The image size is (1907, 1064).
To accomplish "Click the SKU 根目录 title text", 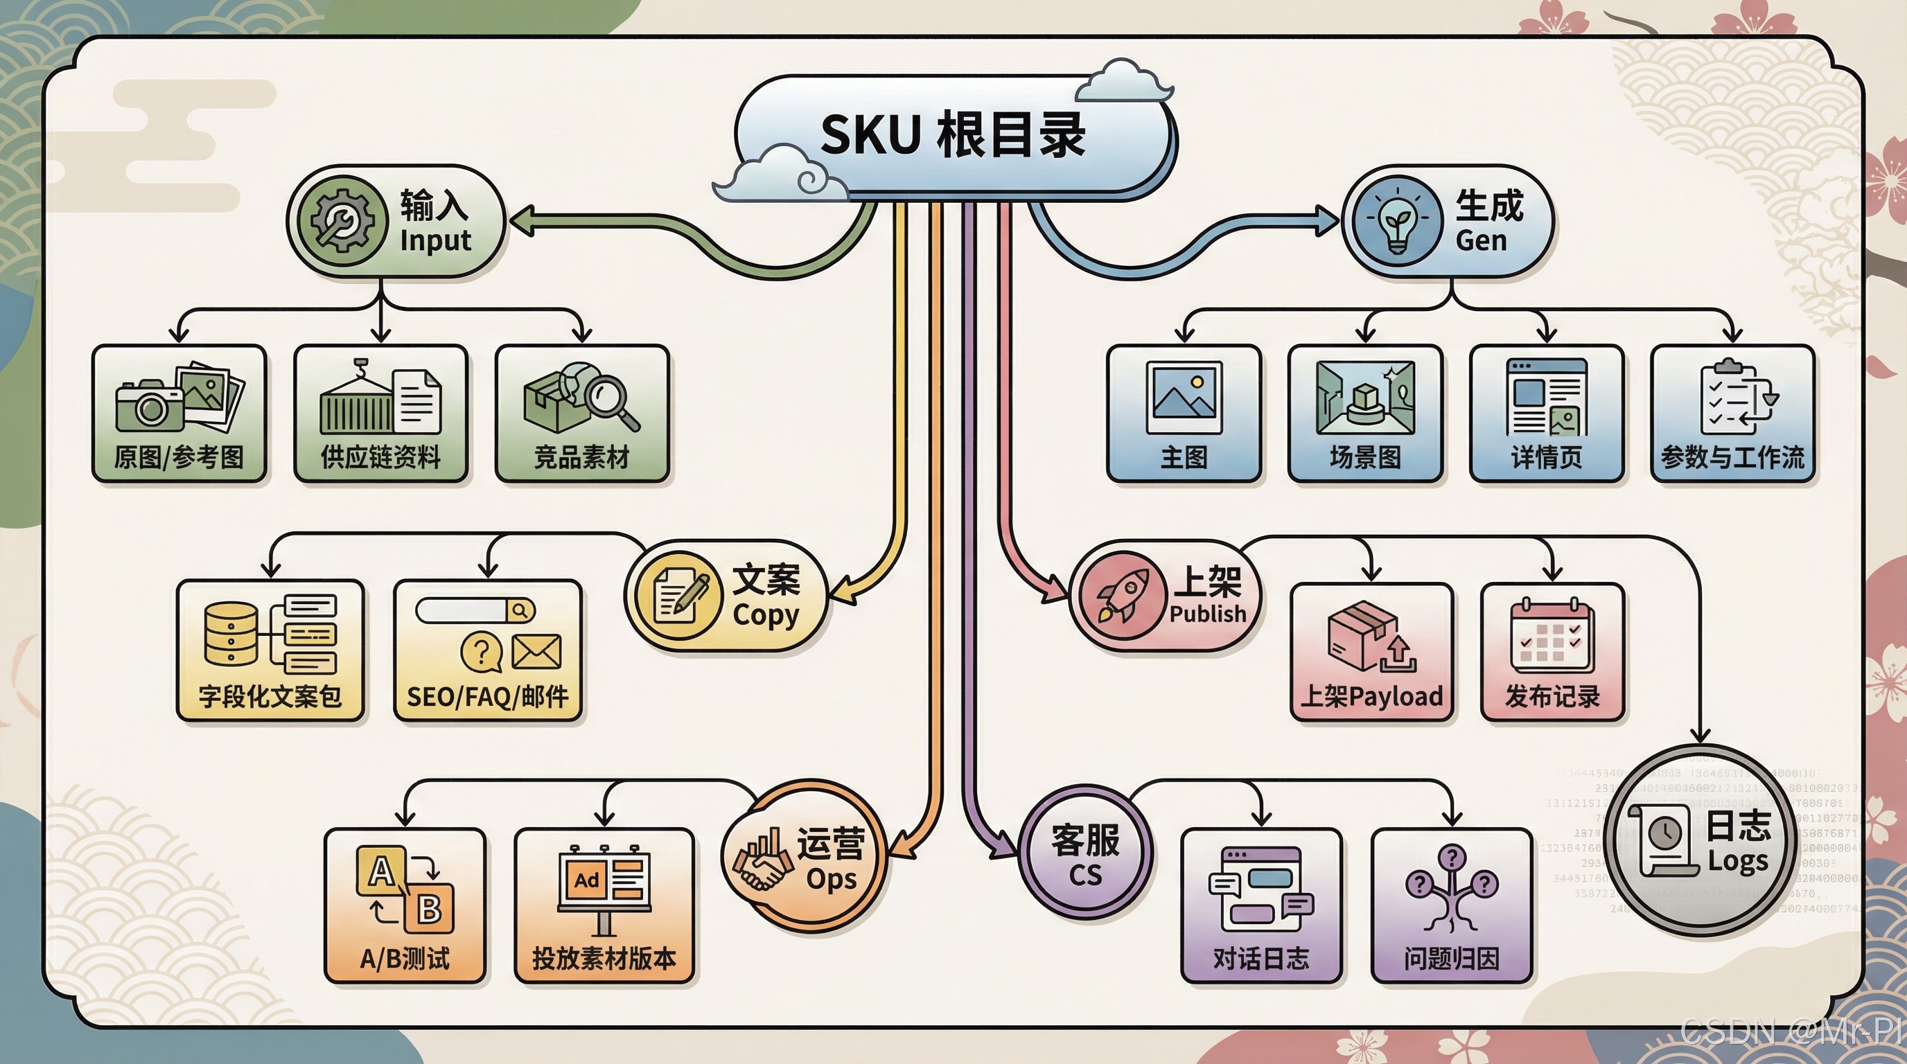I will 953,136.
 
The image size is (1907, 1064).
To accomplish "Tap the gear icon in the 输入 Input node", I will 343,220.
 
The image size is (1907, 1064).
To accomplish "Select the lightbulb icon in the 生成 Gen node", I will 1397,220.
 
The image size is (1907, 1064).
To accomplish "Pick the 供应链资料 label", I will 380,457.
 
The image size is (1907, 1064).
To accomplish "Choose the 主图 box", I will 1184,413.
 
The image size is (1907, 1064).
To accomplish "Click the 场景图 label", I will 1365,457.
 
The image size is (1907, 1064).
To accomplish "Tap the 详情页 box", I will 1547,413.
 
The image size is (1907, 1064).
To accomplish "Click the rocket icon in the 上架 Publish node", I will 1123,596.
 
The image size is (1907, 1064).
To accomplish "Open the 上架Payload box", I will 1372,651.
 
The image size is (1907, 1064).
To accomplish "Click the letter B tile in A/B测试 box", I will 430,908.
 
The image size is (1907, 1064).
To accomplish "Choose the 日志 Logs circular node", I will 1701,840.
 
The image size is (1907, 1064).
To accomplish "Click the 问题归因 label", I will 1452,959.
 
